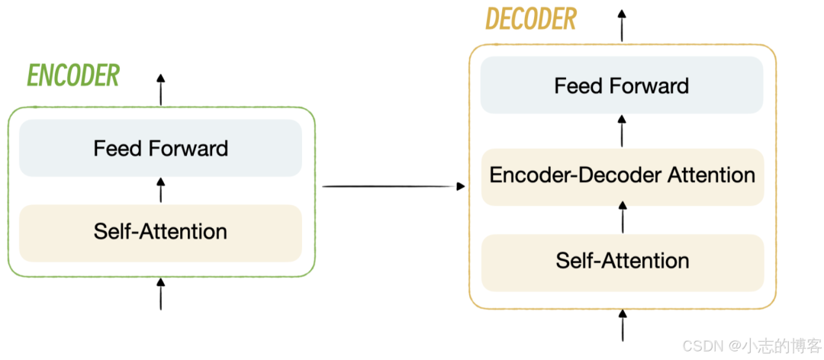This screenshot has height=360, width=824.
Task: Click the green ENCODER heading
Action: (73, 76)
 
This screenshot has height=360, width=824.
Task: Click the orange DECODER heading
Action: (530, 20)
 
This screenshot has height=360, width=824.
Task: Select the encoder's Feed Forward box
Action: (160, 148)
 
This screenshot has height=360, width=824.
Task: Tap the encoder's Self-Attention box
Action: (160, 232)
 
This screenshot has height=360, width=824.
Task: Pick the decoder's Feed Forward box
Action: (621, 85)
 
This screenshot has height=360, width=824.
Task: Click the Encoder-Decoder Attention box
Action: (622, 175)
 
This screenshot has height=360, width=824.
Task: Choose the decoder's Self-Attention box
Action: (622, 261)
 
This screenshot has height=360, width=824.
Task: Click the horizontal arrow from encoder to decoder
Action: (389, 186)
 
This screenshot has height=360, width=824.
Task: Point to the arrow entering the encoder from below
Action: (160, 294)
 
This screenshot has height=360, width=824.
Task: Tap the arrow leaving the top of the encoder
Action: (160, 90)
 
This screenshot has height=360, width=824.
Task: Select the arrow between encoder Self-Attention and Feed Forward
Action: (160, 190)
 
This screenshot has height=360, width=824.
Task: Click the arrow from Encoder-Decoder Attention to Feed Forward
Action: (623, 130)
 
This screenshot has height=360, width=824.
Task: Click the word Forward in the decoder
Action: (650, 85)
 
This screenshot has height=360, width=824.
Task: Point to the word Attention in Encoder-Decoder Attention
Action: (712, 175)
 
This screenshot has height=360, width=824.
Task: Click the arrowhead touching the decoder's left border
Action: (461, 186)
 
